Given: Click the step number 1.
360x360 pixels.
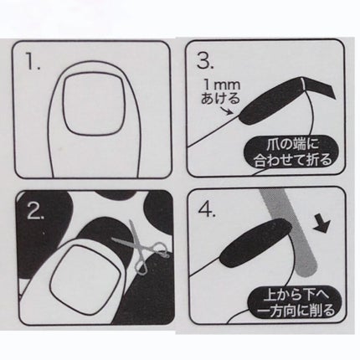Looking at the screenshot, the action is (x=33, y=62).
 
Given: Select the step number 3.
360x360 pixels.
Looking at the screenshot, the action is (x=204, y=60).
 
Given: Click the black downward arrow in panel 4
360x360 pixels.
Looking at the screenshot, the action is (x=321, y=224).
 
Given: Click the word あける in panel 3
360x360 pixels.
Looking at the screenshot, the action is (x=220, y=97).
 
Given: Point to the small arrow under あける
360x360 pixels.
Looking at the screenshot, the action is (x=228, y=110).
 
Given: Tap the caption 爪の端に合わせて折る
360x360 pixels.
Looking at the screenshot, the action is (x=292, y=153).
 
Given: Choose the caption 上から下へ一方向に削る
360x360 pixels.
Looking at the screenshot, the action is (x=296, y=303).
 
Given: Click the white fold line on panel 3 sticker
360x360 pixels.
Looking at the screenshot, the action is (x=302, y=85).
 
